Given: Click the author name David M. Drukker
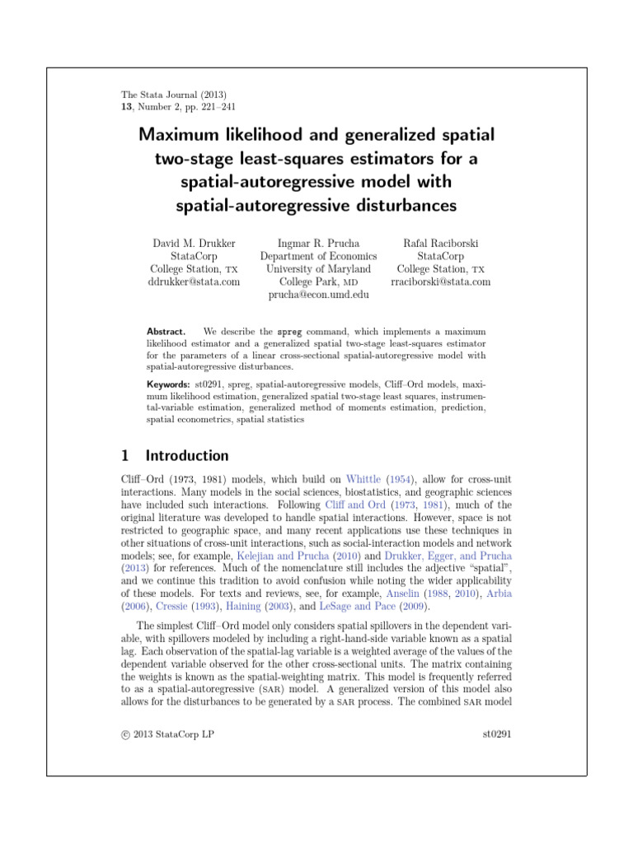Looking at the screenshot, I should [195, 243].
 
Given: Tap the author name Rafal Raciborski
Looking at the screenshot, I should [441, 243].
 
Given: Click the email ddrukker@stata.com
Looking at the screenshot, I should [195, 282].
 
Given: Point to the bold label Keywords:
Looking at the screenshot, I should [168, 384].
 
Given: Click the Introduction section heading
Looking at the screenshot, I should [187, 455].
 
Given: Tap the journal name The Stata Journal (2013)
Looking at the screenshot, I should [168, 95].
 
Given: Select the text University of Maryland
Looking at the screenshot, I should [318, 269].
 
